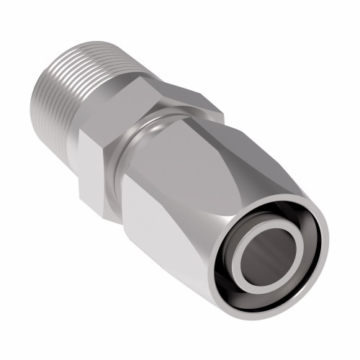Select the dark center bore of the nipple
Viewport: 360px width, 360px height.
270,259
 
